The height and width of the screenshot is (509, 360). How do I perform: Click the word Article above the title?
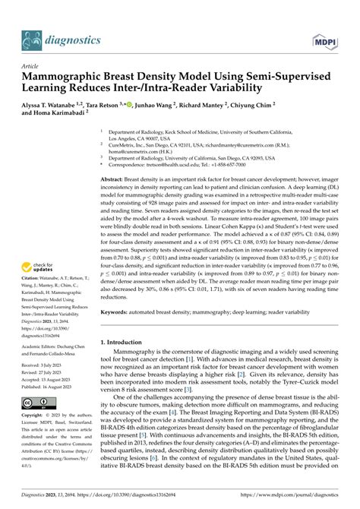point(32,67)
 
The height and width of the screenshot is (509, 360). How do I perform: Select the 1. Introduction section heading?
point(132,344)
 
